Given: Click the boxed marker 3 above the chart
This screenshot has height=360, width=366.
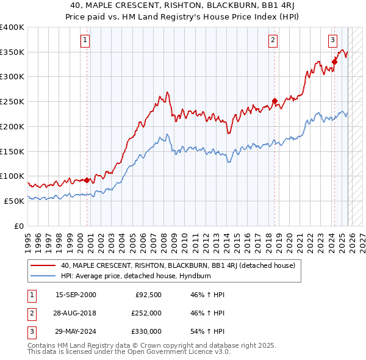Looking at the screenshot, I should tap(332, 41).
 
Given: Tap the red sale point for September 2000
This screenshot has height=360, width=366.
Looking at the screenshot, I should tap(87, 180).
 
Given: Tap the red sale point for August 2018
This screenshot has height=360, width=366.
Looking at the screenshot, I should tap(274, 101).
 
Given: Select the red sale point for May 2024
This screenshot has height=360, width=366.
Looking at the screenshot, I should tap(335, 61).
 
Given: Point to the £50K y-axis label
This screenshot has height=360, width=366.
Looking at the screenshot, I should tap(14, 201).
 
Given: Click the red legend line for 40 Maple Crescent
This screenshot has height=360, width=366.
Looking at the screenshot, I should tap(44, 265).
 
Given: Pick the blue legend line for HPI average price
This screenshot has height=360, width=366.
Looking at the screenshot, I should tap(44, 275).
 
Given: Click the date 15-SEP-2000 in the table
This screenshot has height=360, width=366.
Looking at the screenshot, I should tap(76, 295).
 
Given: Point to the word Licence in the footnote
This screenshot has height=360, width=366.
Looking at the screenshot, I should tap(174, 352).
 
